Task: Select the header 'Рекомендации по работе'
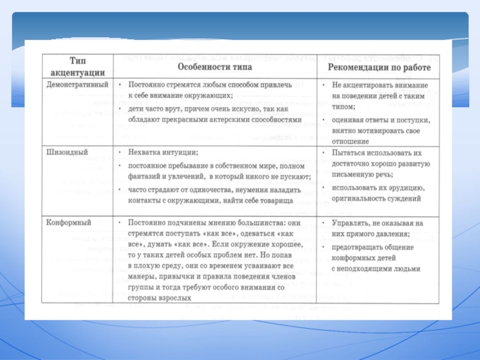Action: tap(379, 68)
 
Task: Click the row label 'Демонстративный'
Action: tap(77, 86)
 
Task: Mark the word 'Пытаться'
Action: tap(350, 153)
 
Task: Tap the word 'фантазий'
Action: tap(145, 176)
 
